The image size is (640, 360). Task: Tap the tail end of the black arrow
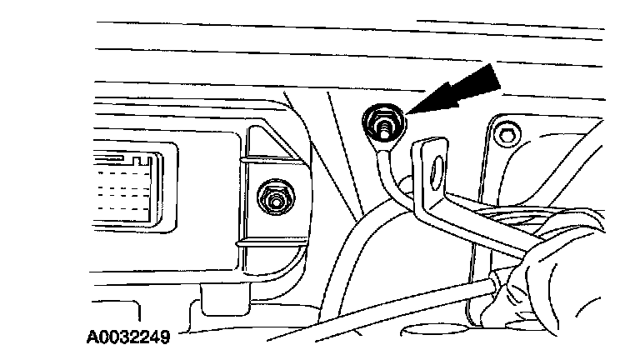point(497,77)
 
